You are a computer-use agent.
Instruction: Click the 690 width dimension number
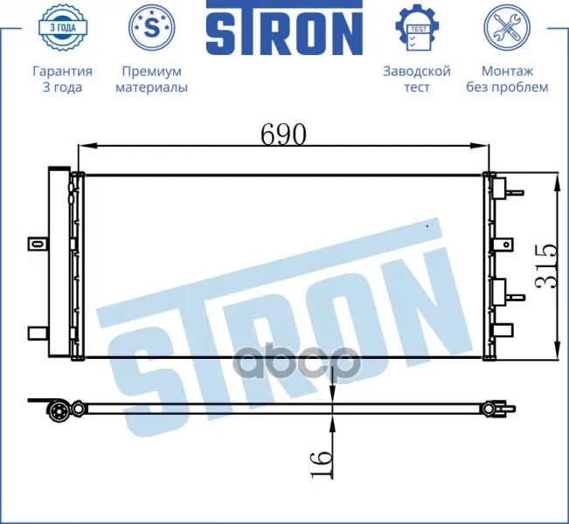[283, 134]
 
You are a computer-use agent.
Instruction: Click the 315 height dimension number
[545, 266]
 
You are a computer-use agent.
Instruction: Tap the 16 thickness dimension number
[321, 464]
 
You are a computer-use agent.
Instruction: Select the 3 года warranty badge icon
[62, 27]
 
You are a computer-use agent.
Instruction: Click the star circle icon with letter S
[152, 27]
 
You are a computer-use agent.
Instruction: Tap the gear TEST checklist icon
[417, 28]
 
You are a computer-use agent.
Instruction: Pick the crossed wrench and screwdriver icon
[507, 27]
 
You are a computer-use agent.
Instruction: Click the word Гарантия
[62, 71]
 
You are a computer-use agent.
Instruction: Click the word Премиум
[152, 71]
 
